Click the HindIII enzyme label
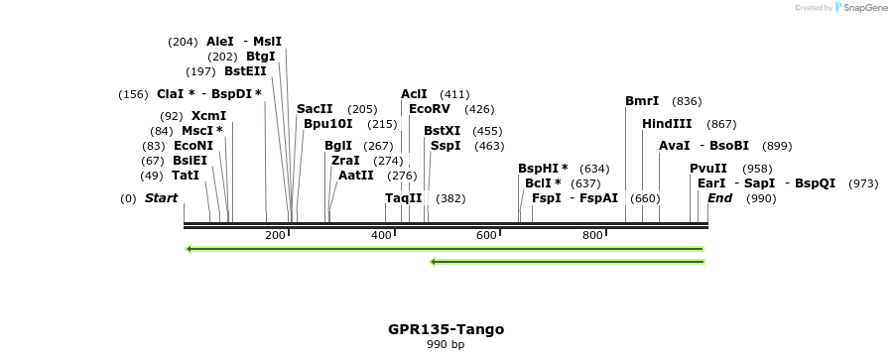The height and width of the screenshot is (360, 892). pos(667,124)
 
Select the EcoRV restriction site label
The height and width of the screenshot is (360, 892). pos(430,109)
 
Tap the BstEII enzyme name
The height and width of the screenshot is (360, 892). pos(245,71)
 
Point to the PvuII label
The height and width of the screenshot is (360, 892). pos(708,169)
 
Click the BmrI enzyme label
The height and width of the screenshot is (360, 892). pos(642,101)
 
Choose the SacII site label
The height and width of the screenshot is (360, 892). pos(315,109)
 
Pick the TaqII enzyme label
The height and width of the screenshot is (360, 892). pos(404,198)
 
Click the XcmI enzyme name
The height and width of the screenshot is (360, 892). pos(208,116)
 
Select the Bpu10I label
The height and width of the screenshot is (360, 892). pos(328,124)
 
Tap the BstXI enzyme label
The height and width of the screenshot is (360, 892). pos(443,131)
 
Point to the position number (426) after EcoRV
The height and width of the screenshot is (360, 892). pos(479,109)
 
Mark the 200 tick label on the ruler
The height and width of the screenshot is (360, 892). pos(275,235)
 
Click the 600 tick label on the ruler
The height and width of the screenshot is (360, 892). pos(486,235)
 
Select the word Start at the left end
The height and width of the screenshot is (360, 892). pos(161,198)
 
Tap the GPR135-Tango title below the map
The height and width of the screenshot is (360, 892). pos(446,329)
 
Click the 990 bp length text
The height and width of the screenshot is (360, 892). pos(446,345)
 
